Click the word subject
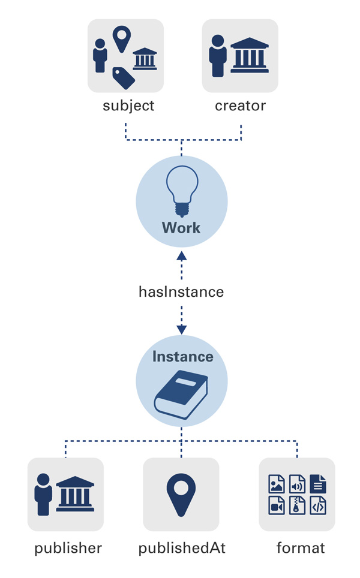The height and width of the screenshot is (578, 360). (128, 106)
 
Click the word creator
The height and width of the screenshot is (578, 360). (240, 106)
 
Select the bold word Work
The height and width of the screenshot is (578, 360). (181, 228)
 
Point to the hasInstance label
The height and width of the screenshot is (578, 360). (181, 292)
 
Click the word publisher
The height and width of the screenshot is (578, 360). (68, 548)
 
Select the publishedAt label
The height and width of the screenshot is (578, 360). (182, 548)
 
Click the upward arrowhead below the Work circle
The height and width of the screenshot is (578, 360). (181, 256)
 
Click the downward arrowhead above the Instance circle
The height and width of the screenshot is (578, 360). (181, 329)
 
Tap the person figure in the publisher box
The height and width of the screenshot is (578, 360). (43, 495)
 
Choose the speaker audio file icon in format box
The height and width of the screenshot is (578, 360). (297, 483)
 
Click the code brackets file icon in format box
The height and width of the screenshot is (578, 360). (318, 505)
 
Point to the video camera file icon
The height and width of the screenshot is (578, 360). (277, 505)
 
